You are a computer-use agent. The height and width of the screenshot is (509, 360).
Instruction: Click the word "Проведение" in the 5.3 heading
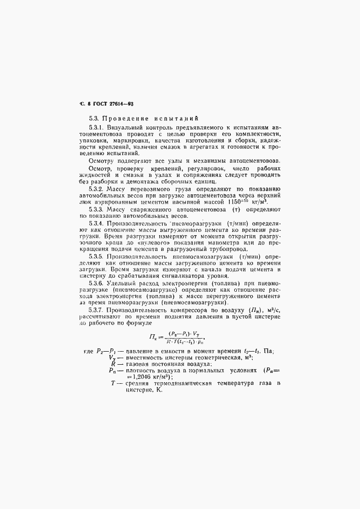(121, 118)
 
